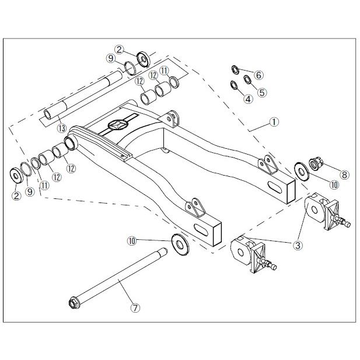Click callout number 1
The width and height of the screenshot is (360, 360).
pos(274,122)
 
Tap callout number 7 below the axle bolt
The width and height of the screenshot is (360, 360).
pos(135,308)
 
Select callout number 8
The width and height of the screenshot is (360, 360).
pos(344,174)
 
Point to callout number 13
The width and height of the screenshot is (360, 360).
pos(62,128)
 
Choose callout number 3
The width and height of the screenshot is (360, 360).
pos(298,246)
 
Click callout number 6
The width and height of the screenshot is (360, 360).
pos(258,75)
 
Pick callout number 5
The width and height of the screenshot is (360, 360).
pos(262,92)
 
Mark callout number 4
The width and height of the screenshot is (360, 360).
pos(248,99)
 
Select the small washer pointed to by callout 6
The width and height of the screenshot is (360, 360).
pos(235,70)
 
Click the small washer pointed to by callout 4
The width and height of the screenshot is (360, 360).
pos(234,85)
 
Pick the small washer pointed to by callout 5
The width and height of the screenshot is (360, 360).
pos(247,80)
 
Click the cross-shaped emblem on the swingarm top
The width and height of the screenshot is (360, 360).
pos(118,125)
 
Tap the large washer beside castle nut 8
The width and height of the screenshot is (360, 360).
pos(302,172)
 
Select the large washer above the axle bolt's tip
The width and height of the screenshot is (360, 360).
pos(180,244)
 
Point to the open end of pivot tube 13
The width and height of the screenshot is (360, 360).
pos(48,114)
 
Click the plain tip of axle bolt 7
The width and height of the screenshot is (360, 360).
pos(164,250)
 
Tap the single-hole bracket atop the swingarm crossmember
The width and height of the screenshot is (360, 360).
pos(171,119)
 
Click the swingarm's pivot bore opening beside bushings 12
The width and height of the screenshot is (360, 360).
pos(70,142)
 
